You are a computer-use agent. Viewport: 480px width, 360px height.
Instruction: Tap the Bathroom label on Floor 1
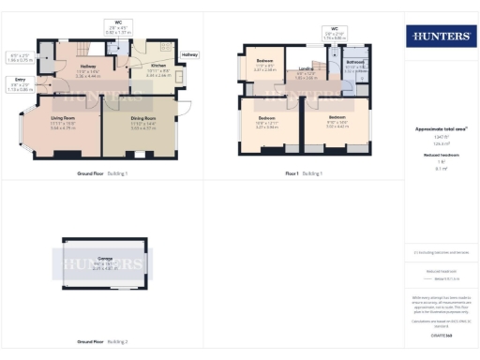pos(354,63)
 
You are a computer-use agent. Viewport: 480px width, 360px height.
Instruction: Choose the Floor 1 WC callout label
pos(334,29)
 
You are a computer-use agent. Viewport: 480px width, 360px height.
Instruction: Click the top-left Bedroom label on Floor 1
pos(264,62)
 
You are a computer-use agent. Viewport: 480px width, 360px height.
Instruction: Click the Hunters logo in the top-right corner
pos(440,37)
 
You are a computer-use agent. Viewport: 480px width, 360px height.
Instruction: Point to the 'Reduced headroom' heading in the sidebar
pos(440,155)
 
